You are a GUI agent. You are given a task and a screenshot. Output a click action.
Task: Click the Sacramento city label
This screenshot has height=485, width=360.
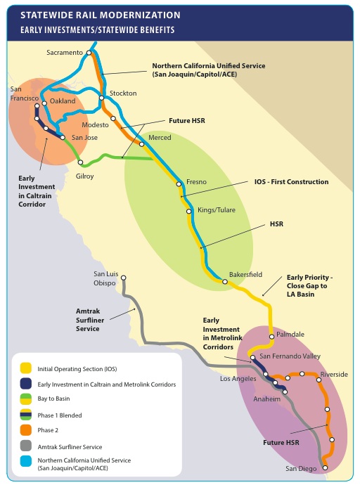click(64, 53)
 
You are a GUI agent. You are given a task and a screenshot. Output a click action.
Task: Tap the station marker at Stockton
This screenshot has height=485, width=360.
click(102, 98)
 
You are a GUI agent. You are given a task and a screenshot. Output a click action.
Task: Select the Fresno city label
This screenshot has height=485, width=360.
click(196, 182)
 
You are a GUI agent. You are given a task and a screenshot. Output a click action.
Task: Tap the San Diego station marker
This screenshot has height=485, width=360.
click(324, 467)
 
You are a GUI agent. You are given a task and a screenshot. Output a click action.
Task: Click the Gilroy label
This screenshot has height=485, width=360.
click(84, 176)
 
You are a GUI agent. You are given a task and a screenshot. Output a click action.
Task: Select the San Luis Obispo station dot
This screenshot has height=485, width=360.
click(123, 278)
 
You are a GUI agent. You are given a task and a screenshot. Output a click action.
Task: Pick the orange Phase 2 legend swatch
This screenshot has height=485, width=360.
click(25, 430)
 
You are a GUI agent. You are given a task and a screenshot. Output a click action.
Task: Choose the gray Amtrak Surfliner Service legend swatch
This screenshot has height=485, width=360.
click(25, 446)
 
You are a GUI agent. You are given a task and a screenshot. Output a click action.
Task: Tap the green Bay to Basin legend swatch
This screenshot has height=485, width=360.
click(25, 399)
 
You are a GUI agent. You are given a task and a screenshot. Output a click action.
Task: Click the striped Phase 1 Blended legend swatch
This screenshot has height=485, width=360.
click(25, 415)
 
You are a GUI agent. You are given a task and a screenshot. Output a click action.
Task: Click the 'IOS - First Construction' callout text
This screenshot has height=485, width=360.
click(291, 181)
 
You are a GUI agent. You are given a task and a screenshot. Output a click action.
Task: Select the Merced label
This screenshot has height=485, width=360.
click(160, 138)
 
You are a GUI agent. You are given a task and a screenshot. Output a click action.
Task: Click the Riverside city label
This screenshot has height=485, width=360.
click(333, 374)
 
